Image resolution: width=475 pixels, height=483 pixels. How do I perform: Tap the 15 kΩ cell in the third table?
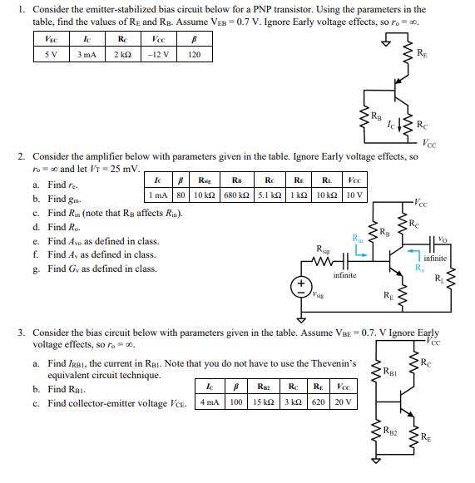pos(265,402)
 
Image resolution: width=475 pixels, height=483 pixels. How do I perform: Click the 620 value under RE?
pos(317,402)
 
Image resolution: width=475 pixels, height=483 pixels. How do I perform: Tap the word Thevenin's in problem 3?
pos(343,363)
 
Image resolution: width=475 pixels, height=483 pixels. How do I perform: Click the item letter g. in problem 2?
pos(36,269)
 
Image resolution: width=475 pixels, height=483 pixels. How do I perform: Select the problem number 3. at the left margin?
pos(22,332)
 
